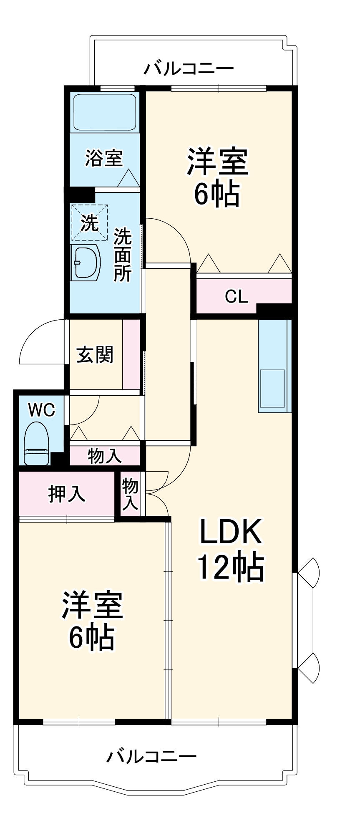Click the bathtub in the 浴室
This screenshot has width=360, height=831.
point(105,112)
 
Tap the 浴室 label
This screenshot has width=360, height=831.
point(104,158)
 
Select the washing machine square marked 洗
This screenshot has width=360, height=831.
point(89,223)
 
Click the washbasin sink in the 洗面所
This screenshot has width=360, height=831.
point(86,262)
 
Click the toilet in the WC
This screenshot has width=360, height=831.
point(36,443)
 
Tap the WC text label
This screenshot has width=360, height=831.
point(41,410)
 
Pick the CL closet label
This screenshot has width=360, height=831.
point(236,296)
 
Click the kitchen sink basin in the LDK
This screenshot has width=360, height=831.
point(273,388)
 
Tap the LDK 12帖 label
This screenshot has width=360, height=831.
point(231,550)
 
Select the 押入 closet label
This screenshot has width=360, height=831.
point(67,494)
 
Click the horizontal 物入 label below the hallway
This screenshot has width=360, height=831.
point(105,456)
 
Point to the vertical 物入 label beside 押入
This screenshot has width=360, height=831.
point(130,494)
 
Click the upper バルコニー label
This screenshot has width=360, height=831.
point(189,68)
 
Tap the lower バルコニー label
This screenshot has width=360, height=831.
point(151,756)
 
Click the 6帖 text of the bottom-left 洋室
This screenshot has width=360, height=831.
point(92,638)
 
